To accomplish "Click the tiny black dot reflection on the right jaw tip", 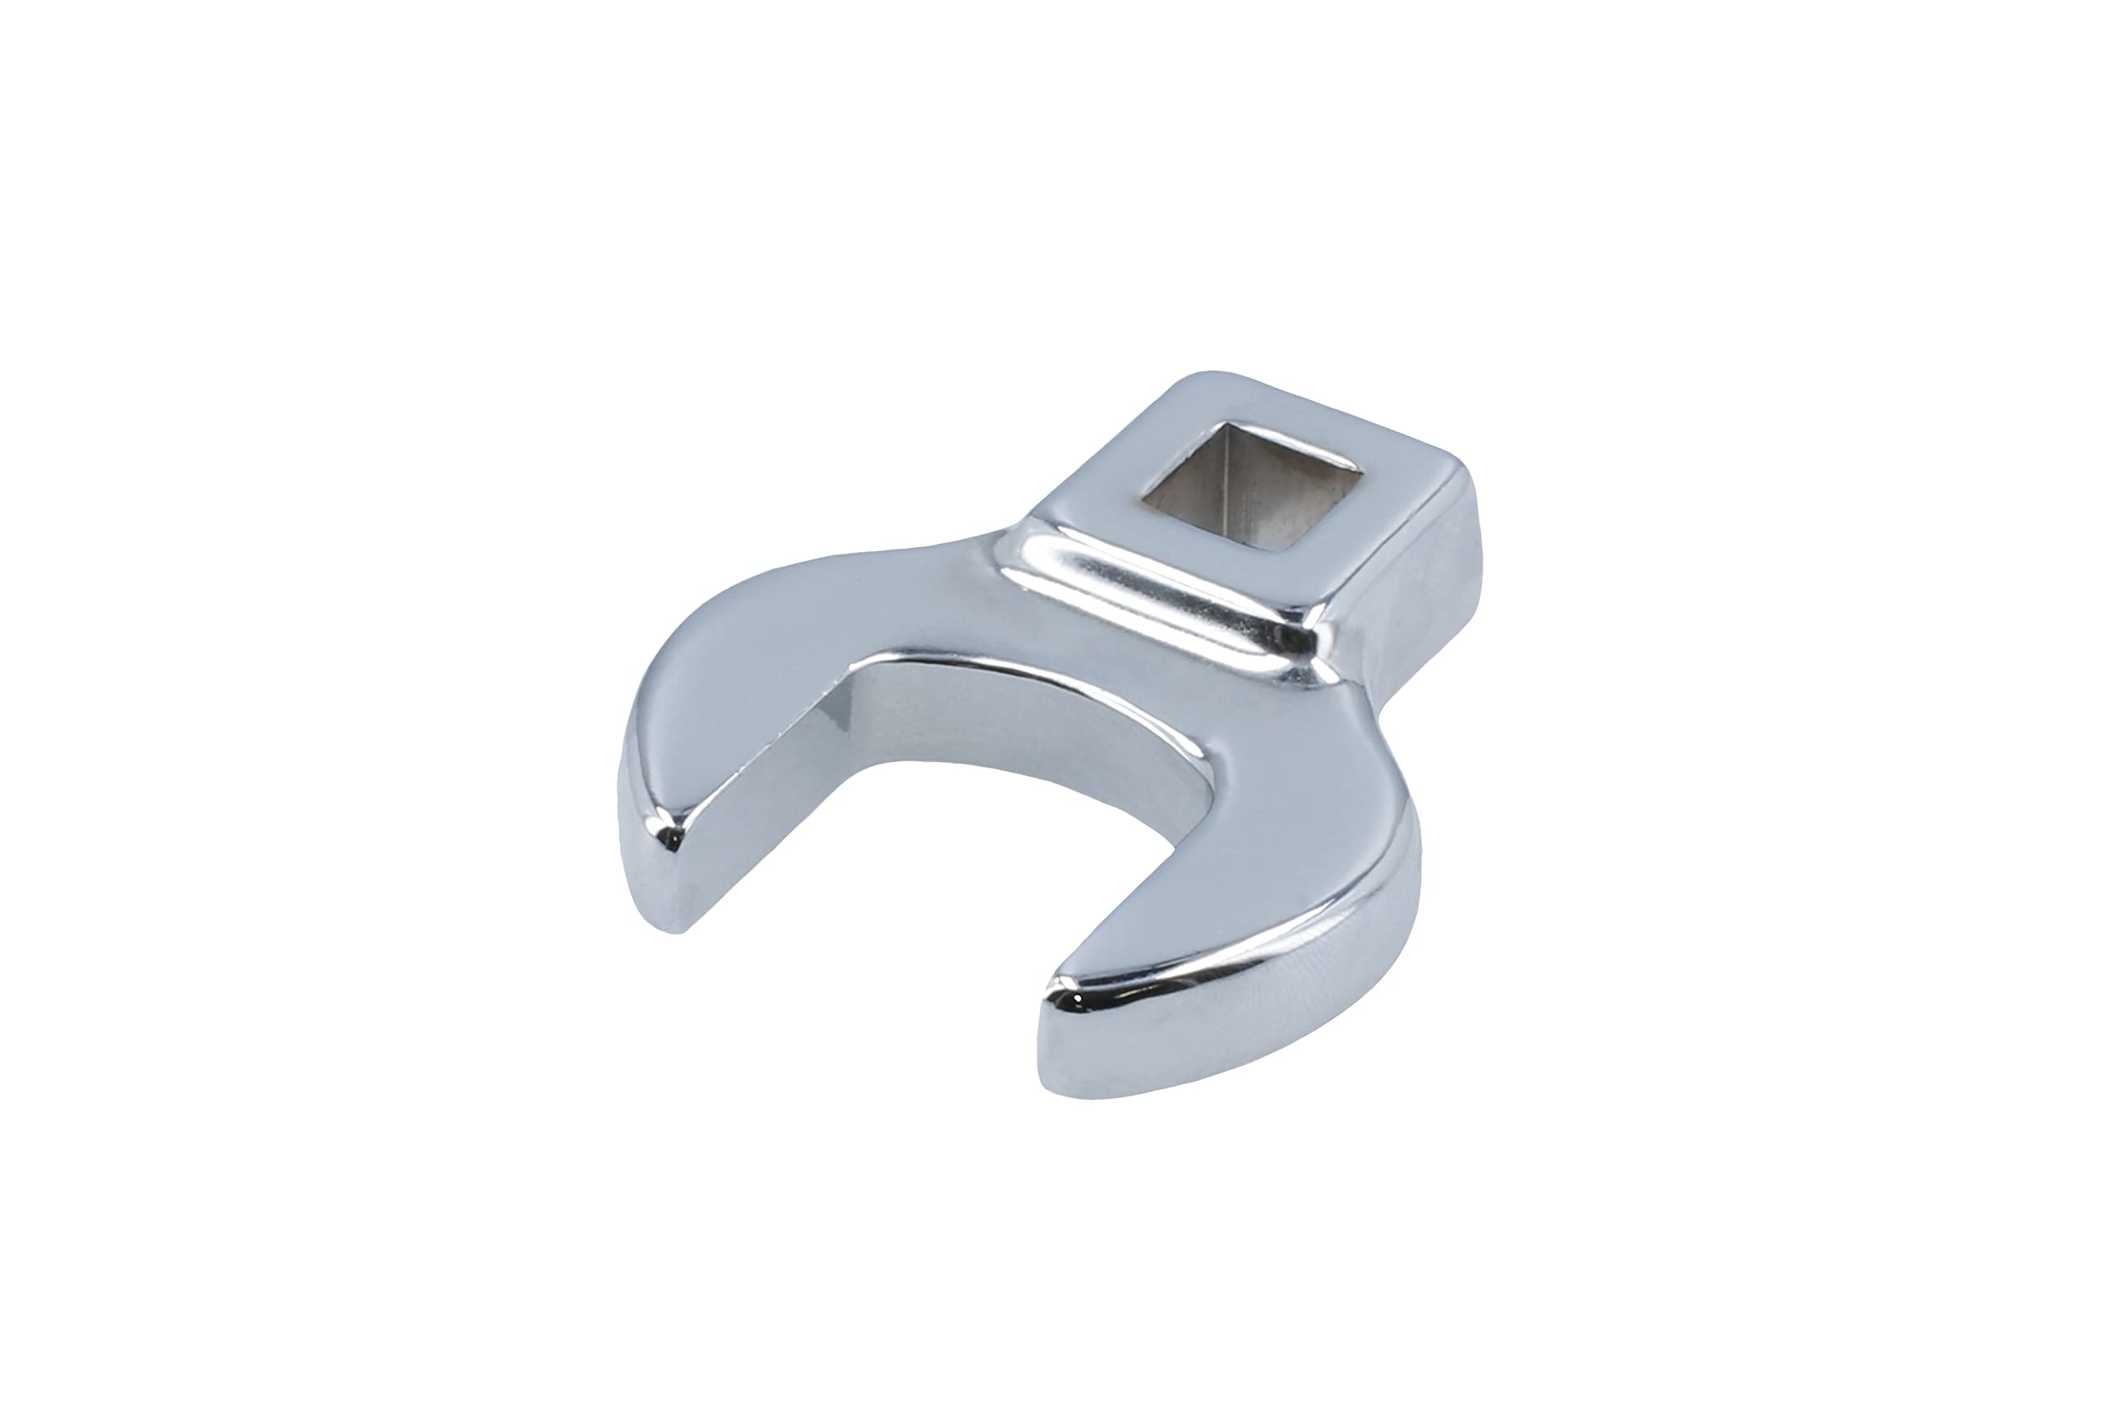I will coord(1079,998).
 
